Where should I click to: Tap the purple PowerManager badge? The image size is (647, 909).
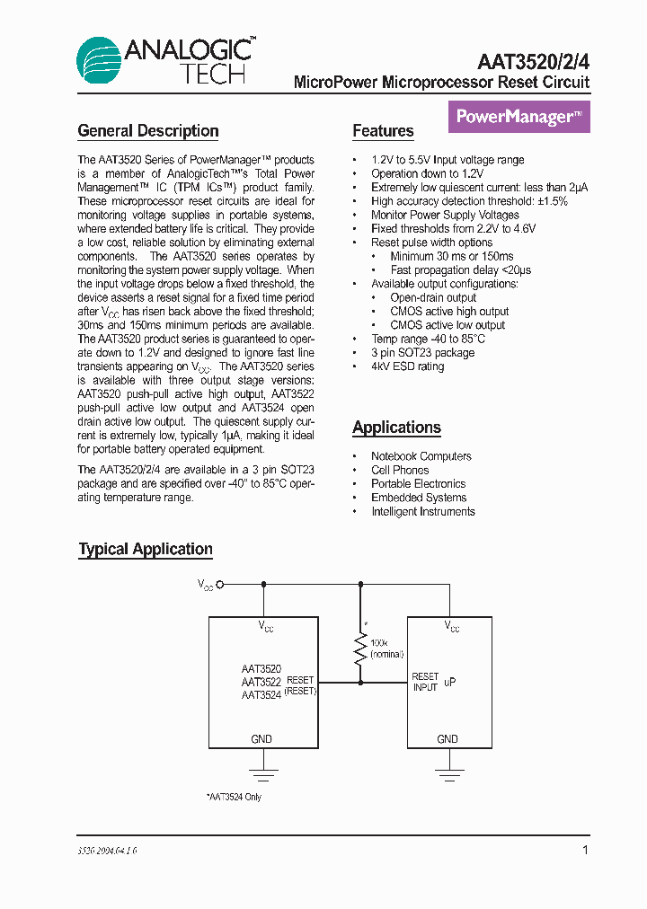click(x=518, y=117)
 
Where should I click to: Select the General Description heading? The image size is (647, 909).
click(x=148, y=131)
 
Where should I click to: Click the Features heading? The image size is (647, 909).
click(x=383, y=131)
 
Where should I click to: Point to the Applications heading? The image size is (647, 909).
click(x=396, y=428)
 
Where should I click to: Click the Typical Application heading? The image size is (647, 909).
click(x=146, y=549)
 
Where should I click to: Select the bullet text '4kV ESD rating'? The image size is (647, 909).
click(x=407, y=366)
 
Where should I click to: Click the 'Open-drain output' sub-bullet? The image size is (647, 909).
click(x=433, y=297)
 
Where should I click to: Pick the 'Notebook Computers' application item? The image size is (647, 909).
click(x=421, y=456)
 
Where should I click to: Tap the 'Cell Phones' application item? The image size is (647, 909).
click(x=400, y=470)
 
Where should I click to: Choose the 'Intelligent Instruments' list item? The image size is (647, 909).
click(x=422, y=511)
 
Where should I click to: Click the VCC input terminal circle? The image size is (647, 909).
click(x=220, y=584)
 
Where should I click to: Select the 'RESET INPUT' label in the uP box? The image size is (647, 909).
click(x=425, y=682)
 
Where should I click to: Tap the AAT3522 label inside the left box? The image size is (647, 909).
click(x=261, y=682)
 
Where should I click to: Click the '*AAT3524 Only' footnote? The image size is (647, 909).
click(x=234, y=797)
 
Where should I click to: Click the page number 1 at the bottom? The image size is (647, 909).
click(x=585, y=850)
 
